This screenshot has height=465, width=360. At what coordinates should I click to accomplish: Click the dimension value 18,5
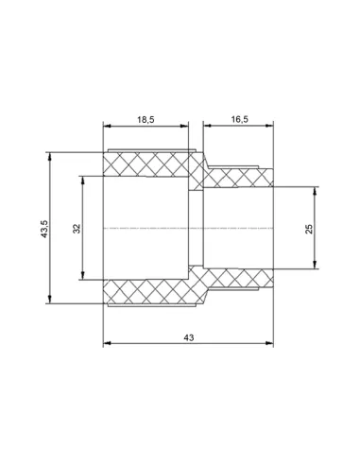click(x=146, y=119)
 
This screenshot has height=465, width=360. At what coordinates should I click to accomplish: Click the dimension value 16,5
click(x=240, y=119)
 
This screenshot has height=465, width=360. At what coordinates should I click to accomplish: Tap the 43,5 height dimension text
click(x=44, y=229)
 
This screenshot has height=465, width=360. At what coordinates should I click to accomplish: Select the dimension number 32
click(x=77, y=229)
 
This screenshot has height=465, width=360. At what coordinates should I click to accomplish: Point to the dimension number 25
click(x=309, y=229)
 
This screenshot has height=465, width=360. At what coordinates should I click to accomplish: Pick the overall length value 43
click(x=189, y=337)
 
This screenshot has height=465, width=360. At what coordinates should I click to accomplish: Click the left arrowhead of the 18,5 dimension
click(x=108, y=126)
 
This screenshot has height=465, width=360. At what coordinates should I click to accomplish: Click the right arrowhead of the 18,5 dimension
click(x=184, y=126)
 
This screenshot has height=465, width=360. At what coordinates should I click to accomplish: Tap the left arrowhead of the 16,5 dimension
click(x=207, y=126)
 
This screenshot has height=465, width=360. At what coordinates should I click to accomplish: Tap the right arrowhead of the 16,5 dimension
click(x=269, y=126)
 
